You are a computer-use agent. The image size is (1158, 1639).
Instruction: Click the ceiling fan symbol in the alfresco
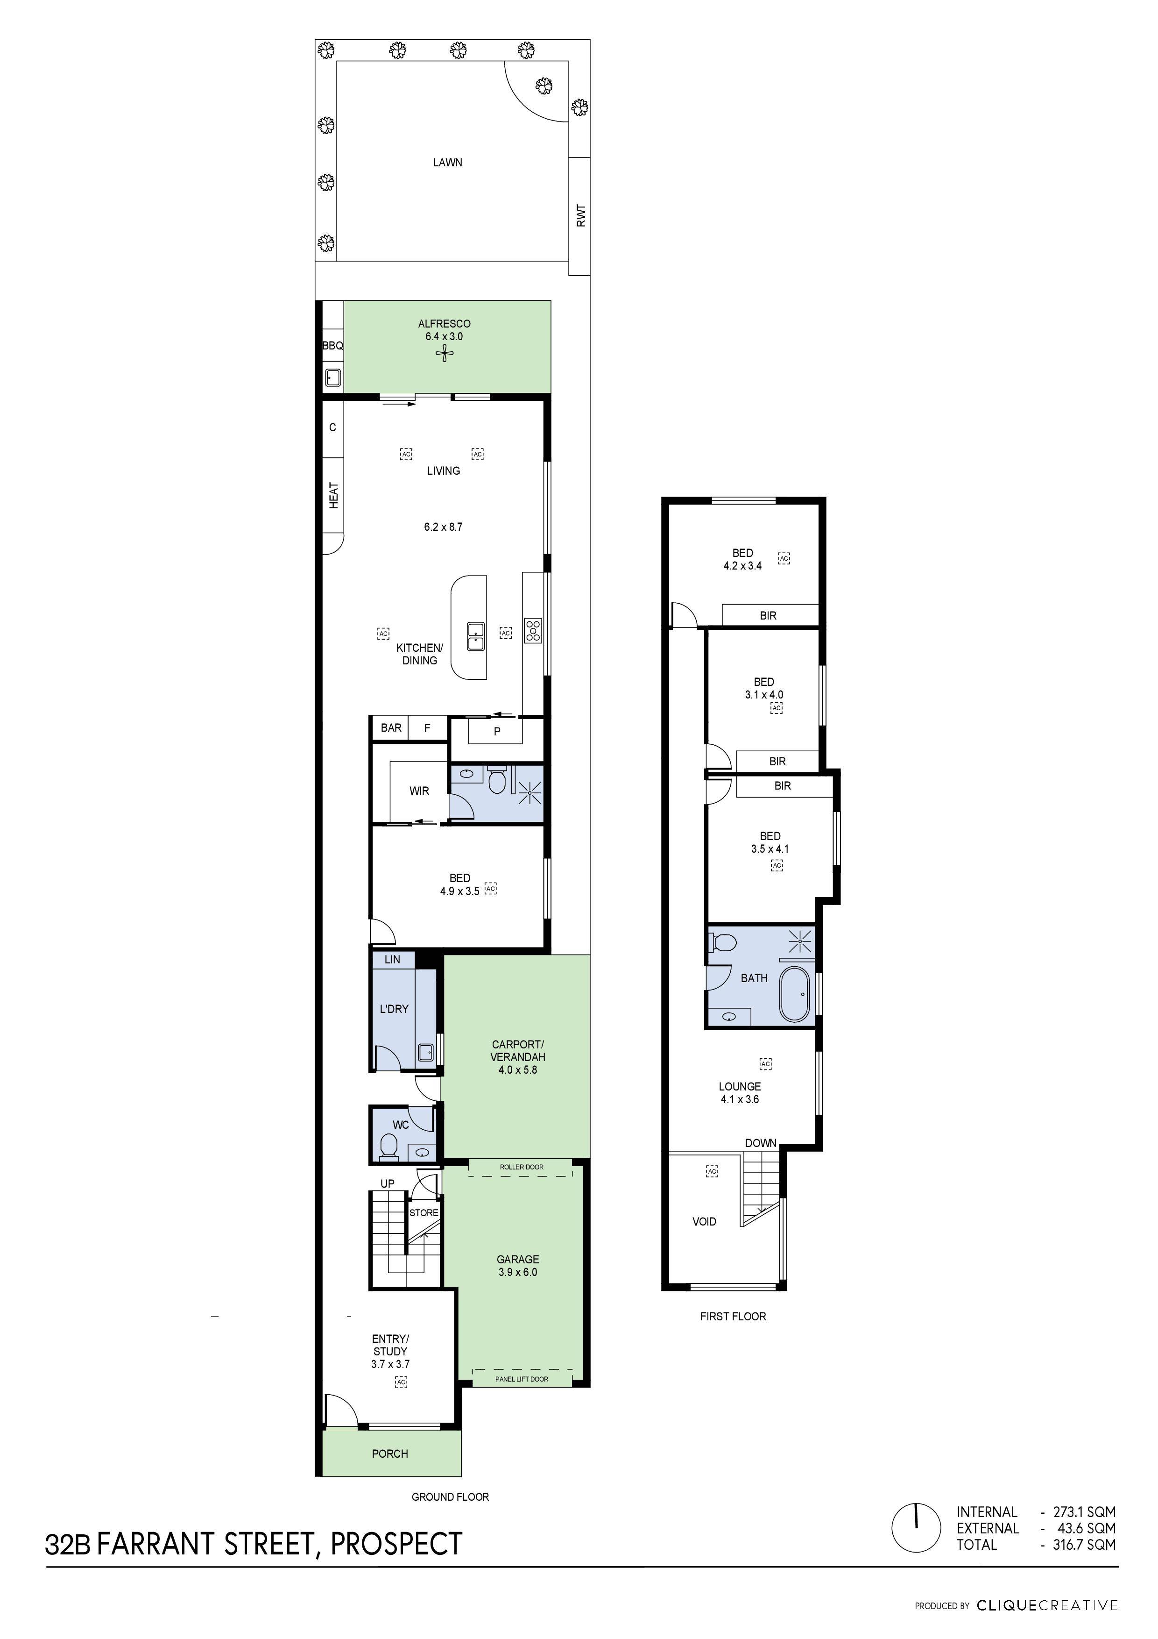(x=445, y=354)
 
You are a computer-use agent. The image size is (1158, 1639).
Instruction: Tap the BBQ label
(x=332, y=345)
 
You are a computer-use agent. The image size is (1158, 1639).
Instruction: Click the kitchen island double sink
(x=476, y=636)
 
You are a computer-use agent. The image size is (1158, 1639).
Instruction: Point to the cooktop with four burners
(x=532, y=630)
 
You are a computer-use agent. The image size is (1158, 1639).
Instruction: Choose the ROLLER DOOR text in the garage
(x=522, y=1167)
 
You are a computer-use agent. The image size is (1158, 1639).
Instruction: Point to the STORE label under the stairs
(x=424, y=1213)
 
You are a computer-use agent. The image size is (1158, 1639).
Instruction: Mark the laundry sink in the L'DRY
(x=425, y=1052)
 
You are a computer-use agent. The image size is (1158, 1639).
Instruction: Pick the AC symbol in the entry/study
(x=401, y=1382)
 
